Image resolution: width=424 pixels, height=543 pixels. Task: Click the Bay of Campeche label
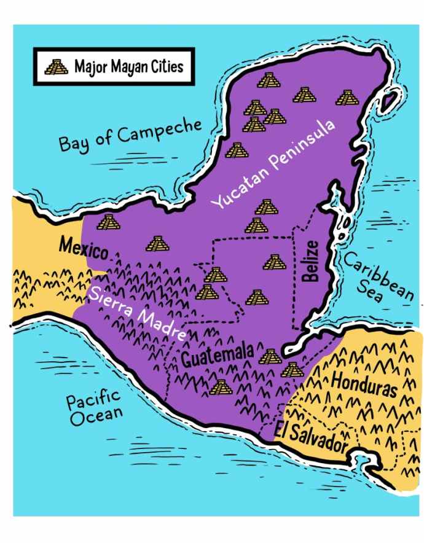pos(130,135)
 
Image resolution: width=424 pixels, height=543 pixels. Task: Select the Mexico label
pos(83,249)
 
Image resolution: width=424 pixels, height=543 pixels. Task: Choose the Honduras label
pos(364,381)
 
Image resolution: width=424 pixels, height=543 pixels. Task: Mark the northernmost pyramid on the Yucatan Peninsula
pos(267,80)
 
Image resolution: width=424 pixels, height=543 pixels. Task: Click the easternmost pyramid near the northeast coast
pos(346,97)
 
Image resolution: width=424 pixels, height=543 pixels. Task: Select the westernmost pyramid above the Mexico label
pos(108,222)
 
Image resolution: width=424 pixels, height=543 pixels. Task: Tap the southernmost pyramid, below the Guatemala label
pos(220,387)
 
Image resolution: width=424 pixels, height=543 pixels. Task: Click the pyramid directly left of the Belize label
pos(274,262)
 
